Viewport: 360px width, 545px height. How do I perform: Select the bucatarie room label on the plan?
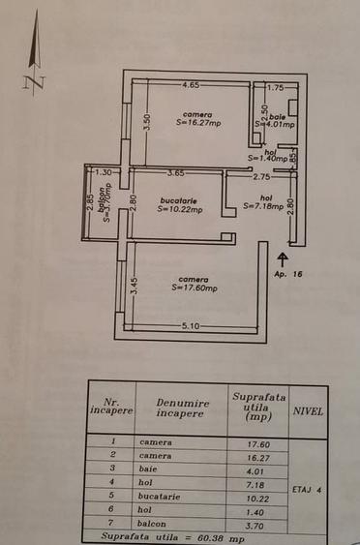point(180,199)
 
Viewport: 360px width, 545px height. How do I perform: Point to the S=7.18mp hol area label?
point(263,206)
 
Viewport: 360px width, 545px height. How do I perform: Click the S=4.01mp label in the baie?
point(275,124)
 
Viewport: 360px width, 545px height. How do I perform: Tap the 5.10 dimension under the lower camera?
point(191,326)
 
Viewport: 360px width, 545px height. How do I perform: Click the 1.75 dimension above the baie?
point(276,86)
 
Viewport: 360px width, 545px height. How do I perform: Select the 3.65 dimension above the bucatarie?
point(175,173)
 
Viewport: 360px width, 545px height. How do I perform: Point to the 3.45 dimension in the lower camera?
point(135,287)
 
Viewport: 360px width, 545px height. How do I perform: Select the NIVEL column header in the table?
point(308,410)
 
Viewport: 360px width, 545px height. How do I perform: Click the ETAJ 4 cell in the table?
point(307,490)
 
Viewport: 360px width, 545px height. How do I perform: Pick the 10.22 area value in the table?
point(252,495)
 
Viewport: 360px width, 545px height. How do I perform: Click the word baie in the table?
point(147,469)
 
